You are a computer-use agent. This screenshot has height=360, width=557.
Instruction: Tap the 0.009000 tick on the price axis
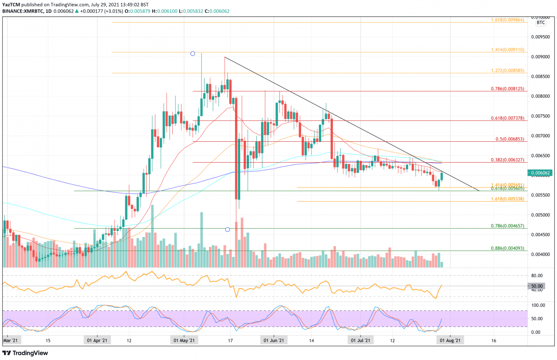(540, 57)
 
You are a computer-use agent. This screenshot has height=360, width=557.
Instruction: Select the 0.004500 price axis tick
(540, 235)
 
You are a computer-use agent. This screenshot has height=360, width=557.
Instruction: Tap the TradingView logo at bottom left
(25, 353)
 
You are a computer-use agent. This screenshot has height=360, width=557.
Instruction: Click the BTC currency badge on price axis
(541, 22)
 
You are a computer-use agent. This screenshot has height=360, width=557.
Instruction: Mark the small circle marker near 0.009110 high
(192, 53)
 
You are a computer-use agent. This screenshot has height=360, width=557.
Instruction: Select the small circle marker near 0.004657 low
(227, 229)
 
